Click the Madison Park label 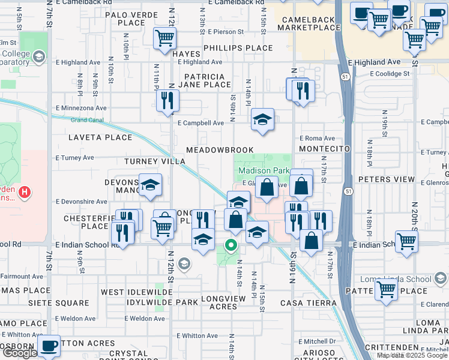click(x=264, y=170)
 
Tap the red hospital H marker click(x=24, y=193)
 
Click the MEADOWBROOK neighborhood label click(x=220, y=149)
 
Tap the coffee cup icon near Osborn click(x=49, y=346)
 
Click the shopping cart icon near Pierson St click(x=164, y=39)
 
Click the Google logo click(x=19, y=353)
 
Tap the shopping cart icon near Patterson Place click(x=386, y=289)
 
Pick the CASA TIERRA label click(x=308, y=302)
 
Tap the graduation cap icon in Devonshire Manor click(x=150, y=185)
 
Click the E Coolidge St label click(x=389, y=74)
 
